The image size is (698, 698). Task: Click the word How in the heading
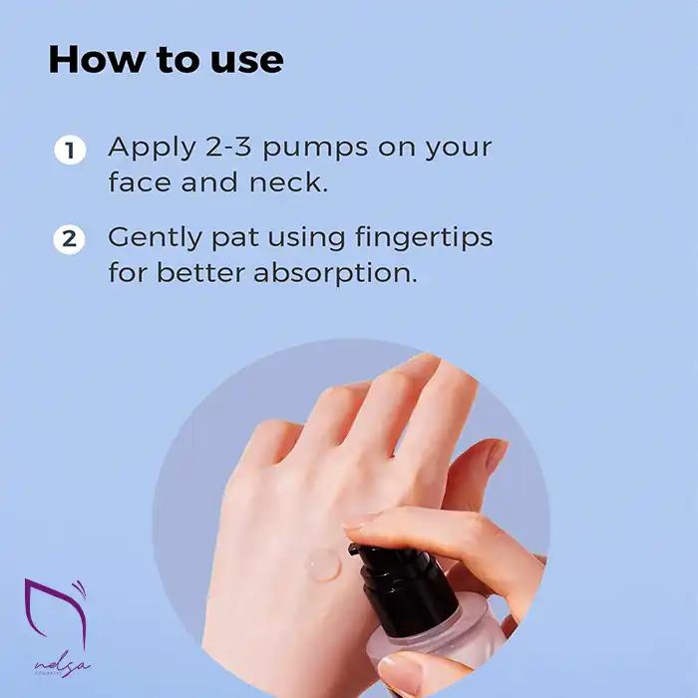(97, 59)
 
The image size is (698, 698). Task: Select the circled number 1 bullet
(70, 150)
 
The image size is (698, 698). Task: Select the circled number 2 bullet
(70, 239)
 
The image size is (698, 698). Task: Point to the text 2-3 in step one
(228, 147)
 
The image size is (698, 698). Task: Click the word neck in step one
(288, 182)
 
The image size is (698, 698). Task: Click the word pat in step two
(234, 239)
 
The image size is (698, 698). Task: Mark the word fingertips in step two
(424, 238)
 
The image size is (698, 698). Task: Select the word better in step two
(199, 272)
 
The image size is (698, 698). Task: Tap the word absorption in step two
(335, 274)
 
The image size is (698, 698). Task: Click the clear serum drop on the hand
(324, 565)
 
